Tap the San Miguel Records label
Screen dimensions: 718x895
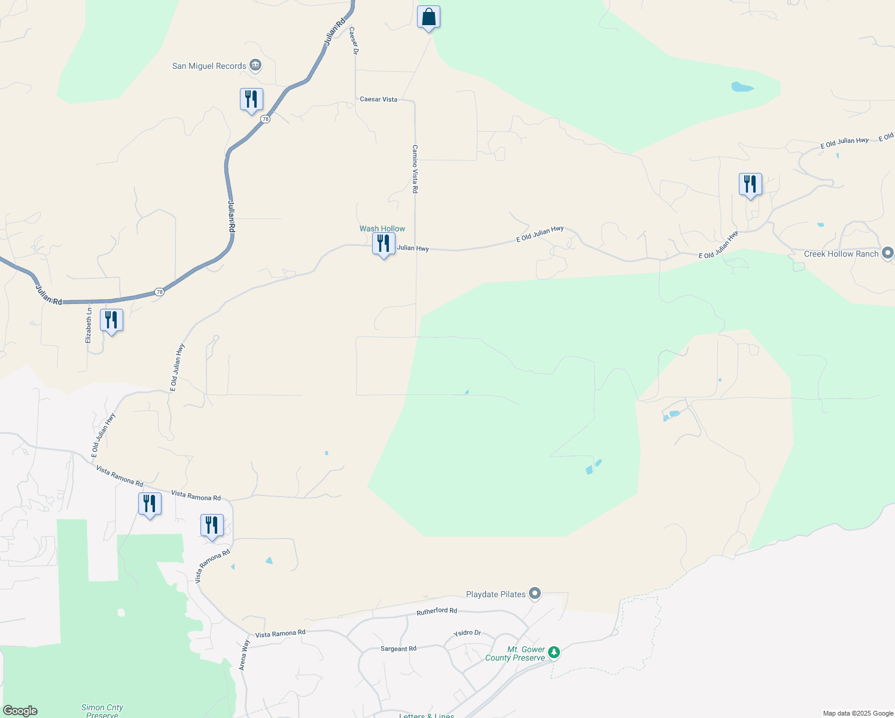(209, 66)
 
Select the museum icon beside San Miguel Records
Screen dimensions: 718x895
(255, 65)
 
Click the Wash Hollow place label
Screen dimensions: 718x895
(382, 229)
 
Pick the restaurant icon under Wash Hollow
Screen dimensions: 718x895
(383, 244)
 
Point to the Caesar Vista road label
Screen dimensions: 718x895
(379, 99)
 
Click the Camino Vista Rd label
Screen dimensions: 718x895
(415, 169)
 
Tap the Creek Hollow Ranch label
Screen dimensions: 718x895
(841, 254)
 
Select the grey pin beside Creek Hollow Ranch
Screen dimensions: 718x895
(888, 253)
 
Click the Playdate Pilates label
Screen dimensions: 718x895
(496, 594)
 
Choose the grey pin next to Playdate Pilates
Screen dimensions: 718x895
(535, 594)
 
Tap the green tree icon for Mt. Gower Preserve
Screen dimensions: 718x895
(554, 652)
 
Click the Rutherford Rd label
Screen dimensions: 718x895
(437, 611)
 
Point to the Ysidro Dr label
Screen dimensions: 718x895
(467, 633)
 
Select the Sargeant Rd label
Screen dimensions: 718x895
(398, 649)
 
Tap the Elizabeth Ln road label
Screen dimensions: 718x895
(89, 325)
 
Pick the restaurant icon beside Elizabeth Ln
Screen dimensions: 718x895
(111, 320)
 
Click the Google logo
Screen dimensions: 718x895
(20, 711)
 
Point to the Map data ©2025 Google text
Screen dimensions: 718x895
(858, 713)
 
